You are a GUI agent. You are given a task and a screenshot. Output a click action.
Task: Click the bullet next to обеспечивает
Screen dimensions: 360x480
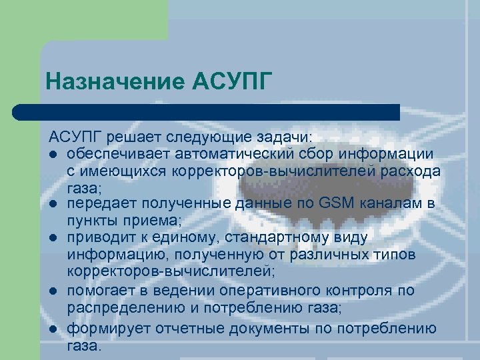53,155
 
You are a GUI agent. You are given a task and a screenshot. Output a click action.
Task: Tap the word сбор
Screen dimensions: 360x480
302,154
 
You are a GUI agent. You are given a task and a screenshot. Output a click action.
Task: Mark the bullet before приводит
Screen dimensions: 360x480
53,238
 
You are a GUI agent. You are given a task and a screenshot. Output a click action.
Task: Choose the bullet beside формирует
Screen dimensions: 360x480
53,329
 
